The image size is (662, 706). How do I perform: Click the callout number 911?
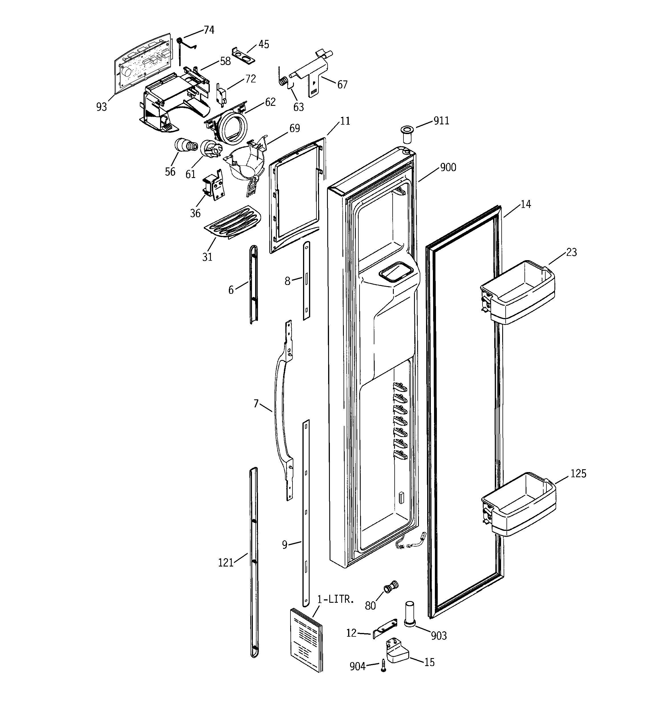click(441, 121)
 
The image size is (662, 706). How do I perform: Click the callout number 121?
click(226, 563)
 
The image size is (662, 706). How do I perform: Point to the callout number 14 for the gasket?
click(526, 204)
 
